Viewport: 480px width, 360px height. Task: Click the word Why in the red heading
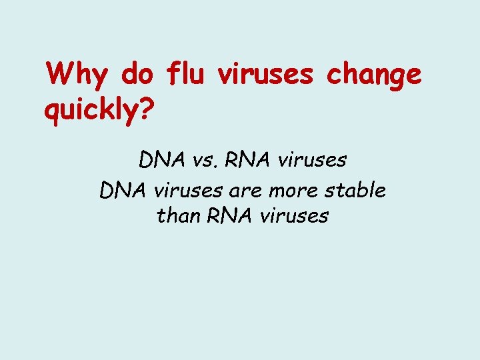pyautogui.click(x=76, y=75)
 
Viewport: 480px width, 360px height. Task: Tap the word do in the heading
pyautogui.click(x=138, y=75)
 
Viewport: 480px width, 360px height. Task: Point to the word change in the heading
pyautogui.click(x=374, y=75)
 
